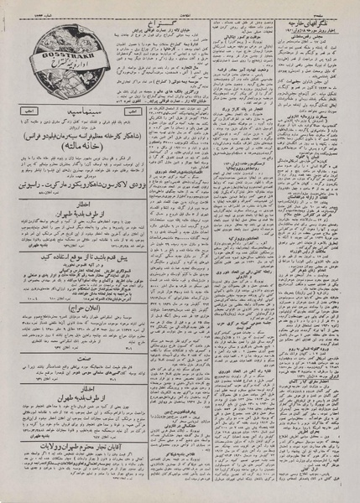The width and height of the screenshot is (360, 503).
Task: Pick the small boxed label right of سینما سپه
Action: click(x=131, y=110)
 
